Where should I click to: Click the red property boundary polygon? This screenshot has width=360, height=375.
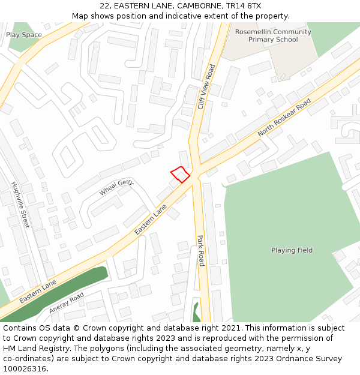pyautogui.click(x=180, y=174)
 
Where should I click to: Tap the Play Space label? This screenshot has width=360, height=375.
pyautogui.click(x=24, y=35)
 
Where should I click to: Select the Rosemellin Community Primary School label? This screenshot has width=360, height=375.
pyautogui.click(x=273, y=36)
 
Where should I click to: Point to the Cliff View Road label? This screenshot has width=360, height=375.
pyautogui.click(x=206, y=87)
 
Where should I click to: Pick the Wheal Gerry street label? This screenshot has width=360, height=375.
pyautogui.click(x=116, y=187)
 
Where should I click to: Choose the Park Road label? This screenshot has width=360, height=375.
pyautogui.click(x=200, y=250)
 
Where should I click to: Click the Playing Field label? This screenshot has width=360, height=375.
pyautogui.click(x=292, y=250)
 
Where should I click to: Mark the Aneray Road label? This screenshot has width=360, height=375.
pyautogui.click(x=67, y=303)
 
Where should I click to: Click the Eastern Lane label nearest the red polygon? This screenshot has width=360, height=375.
pyautogui.click(x=151, y=220)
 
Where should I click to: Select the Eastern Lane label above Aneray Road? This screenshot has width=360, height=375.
pyautogui.click(x=37, y=291)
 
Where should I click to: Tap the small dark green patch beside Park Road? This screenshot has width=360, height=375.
pyautogui.click(x=196, y=312)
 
